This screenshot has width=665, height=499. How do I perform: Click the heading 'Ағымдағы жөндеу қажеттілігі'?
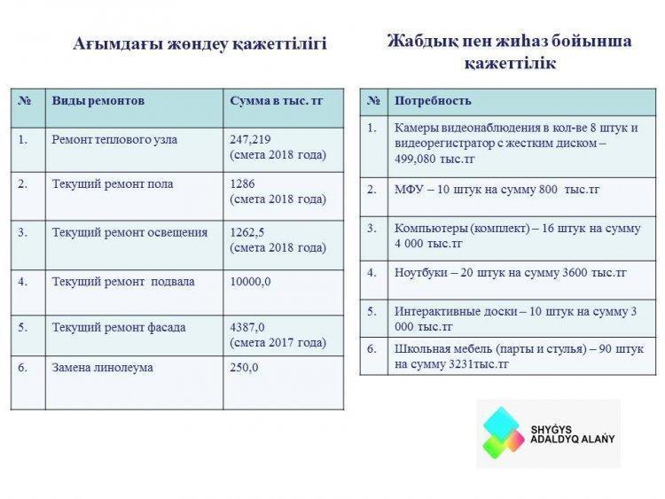tap(199, 44)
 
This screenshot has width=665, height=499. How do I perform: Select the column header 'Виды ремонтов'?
tap(98, 101)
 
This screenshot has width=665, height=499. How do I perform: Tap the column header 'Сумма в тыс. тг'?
tap(277, 101)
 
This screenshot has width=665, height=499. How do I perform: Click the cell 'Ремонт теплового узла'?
tap(114, 139)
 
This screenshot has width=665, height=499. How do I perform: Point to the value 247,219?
tap(250, 139)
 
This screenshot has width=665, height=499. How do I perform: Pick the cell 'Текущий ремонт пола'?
tap(113, 184)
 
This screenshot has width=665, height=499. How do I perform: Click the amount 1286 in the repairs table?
tap(242, 184)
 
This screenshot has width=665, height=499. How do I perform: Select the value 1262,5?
tap(246, 232)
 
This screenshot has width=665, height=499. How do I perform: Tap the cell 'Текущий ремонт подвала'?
tap(123, 282)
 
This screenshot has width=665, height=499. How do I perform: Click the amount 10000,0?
tap(250, 282)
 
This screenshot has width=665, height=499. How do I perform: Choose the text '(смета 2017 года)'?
tap(278, 342)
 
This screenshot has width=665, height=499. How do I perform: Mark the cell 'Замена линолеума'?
tap(102, 367)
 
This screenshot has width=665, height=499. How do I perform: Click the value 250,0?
tap(244, 367)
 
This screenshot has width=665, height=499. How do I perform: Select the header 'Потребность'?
tap(433, 101)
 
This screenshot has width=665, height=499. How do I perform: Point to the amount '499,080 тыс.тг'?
tap(434, 159)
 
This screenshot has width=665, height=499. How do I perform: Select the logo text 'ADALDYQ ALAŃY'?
tap(572, 439)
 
